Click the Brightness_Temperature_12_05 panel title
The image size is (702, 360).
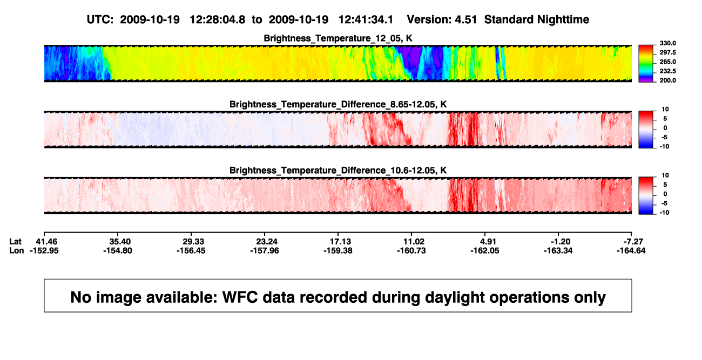click(x=338, y=38)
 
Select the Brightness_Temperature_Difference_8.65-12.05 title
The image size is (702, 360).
click(x=338, y=104)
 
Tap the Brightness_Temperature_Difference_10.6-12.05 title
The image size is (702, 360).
click(x=338, y=171)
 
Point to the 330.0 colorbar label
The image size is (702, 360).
click(x=667, y=43)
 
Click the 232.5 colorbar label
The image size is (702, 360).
click(x=667, y=71)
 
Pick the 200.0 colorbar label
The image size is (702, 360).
click(x=667, y=80)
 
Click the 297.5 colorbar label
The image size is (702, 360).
click(x=667, y=52)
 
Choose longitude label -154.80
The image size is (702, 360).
click(x=118, y=250)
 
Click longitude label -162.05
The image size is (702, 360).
click(x=484, y=250)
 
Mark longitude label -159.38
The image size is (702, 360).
click(x=338, y=250)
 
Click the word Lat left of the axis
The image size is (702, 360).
click(x=15, y=242)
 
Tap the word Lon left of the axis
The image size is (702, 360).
click(x=16, y=250)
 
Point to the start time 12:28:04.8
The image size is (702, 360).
click(x=218, y=20)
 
